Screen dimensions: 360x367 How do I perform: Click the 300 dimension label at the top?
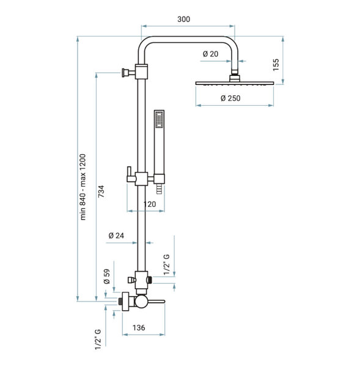pyautogui.click(x=183, y=19)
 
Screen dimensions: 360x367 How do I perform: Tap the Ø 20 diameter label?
pyautogui.click(x=210, y=54)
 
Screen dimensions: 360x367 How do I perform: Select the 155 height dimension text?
pyautogui.click(x=276, y=65)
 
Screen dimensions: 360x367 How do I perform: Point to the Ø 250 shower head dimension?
pyautogui.click(x=230, y=98)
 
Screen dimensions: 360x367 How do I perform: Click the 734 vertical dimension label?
pyautogui.click(x=101, y=191)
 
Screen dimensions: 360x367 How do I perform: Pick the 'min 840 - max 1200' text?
pyautogui.click(x=83, y=187)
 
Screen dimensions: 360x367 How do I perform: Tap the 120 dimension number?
pyautogui.click(x=150, y=204)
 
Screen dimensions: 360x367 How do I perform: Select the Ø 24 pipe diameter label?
pyautogui.click(x=116, y=235)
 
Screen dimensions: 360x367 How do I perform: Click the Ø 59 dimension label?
pyautogui.click(x=107, y=276)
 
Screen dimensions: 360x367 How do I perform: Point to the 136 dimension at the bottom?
pyautogui.click(x=139, y=328)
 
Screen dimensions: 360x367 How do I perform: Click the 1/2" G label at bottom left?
pyautogui.click(x=98, y=339)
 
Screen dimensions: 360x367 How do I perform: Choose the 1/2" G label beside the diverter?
pyautogui.click(x=166, y=264)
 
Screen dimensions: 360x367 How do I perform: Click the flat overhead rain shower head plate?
pyautogui.click(x=235, y=83)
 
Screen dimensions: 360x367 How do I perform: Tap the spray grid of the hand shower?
pyautogui.click(x=159, y=119)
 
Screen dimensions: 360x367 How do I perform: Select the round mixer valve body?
pyautogui.click(x=141, y=302)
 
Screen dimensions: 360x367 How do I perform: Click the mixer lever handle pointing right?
pyautogui.click(x=156, y=302)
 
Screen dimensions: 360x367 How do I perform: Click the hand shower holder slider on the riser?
pyautogui.click(x=141, y=179)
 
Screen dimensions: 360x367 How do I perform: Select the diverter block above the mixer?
pyautogui.click(x=141, y=280)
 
